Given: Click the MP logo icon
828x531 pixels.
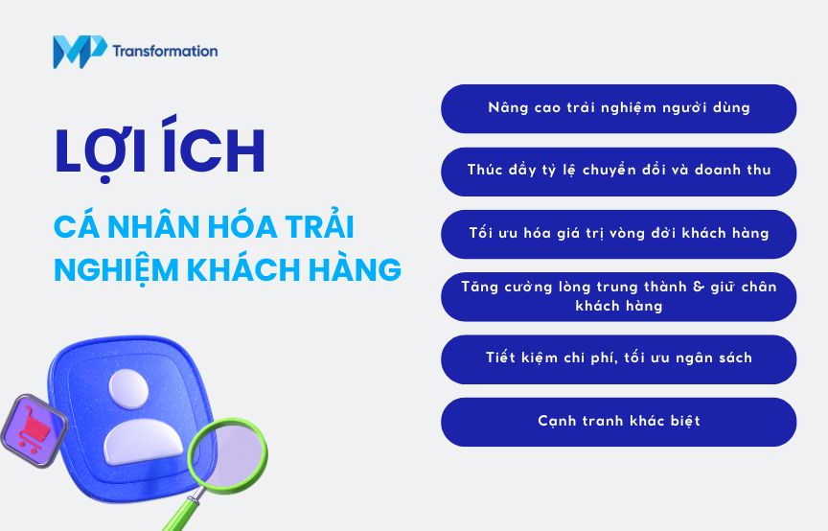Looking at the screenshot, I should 79,51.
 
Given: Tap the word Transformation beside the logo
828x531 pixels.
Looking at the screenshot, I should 165,51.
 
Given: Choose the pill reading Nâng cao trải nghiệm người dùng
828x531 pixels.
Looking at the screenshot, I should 618,108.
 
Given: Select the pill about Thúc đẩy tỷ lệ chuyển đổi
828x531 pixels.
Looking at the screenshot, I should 618,171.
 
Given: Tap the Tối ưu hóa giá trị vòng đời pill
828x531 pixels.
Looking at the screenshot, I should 618,234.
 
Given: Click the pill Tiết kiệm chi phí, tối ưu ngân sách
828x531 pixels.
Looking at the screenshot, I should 618,358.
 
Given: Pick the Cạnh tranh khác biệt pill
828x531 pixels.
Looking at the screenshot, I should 618,422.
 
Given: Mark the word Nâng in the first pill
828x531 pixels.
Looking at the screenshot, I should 507,108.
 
